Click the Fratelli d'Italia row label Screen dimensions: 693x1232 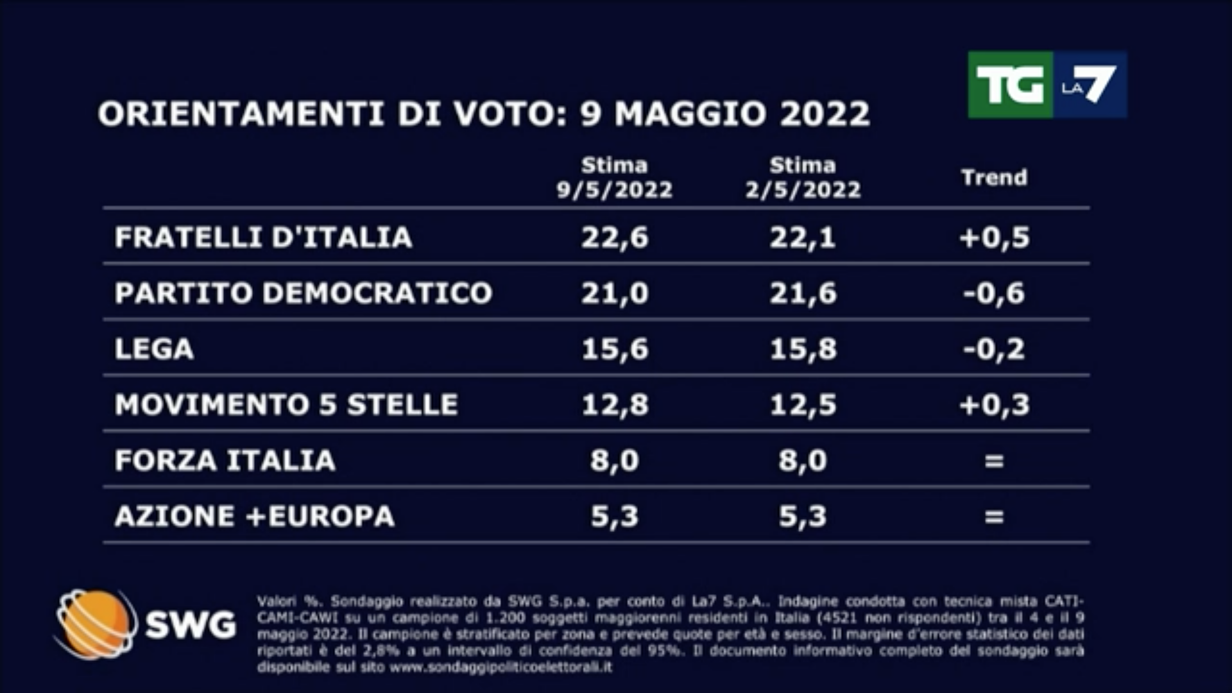coord(263,237)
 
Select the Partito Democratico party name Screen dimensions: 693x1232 coord(303,293)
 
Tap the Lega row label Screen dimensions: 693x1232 coord(154,349)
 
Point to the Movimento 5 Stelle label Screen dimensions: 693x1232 coord(286,405)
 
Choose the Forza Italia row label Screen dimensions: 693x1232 coord(225,461)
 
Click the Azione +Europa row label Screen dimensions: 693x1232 coord(254,517)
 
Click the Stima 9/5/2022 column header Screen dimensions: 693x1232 coord(614,178)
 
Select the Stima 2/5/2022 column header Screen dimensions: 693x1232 coord(803,178)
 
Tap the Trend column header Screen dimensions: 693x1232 coord(994,178)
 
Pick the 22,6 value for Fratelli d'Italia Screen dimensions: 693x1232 coord(615,237)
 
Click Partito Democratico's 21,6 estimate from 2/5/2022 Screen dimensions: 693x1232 coord(803,293)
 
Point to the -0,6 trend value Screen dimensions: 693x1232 coord(994,293)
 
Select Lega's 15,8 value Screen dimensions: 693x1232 coord(803,349)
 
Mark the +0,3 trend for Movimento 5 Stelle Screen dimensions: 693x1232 coord(994,405)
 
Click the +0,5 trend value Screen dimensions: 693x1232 coord(994,237)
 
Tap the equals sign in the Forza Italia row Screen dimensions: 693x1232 coord(994,461)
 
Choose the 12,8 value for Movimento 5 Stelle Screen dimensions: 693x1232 coord(615,405)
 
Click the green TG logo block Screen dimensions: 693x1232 coord(1010,85)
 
